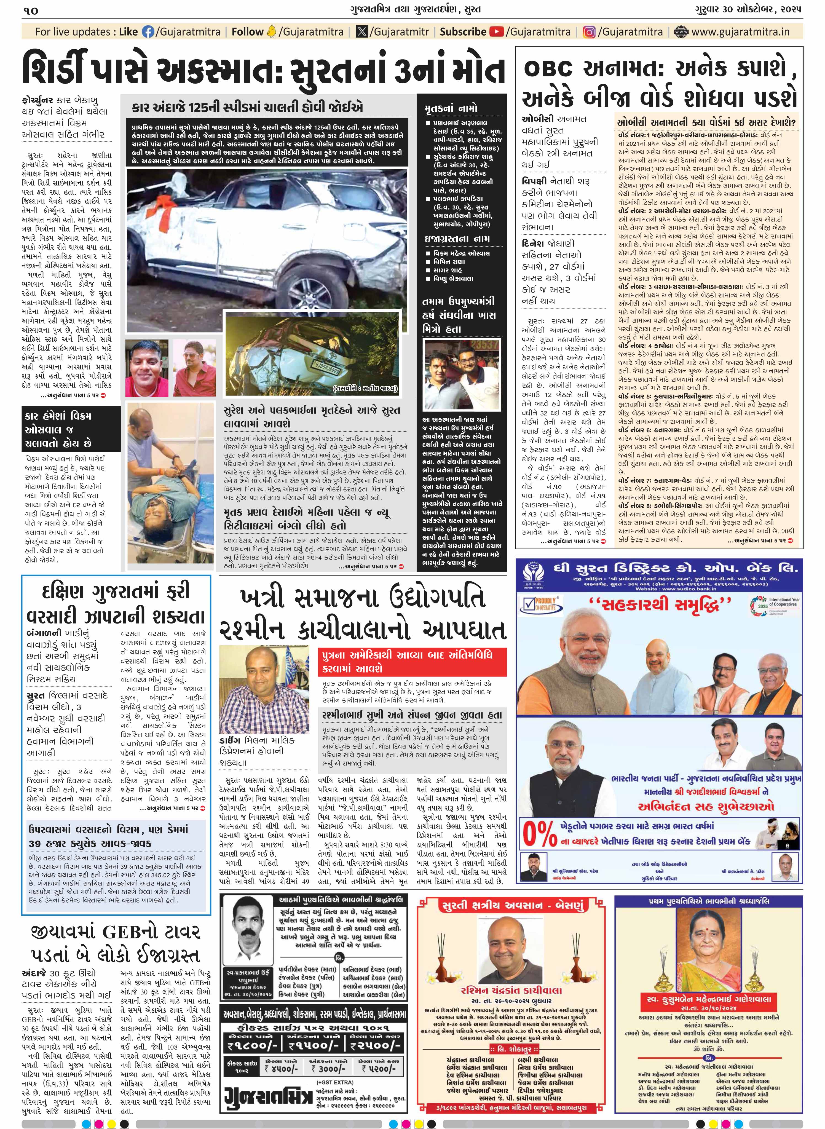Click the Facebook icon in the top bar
pyautogui.click(x=148, y=32)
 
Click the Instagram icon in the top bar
pyautogui.click(x=589, y=32)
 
